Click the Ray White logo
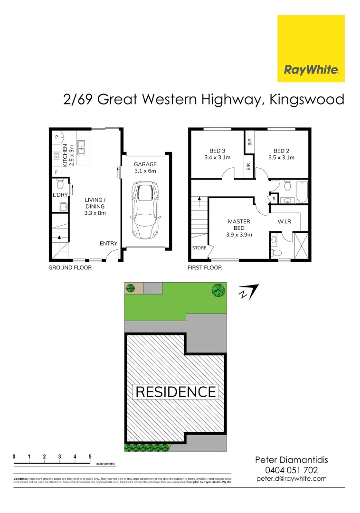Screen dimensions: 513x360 pos(311,48)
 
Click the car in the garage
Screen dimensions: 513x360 pos(144,210)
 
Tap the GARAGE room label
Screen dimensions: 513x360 pos(145,164)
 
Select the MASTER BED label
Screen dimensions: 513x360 pos(239,225)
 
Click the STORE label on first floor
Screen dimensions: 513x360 pos(199,248)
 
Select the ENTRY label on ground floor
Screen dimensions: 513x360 pos(108,244)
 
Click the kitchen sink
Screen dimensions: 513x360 pos(81,147)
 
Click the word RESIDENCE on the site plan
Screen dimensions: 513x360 pos(176,392)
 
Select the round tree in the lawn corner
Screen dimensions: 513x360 pos(218,289)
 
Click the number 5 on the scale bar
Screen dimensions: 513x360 pos(90,456)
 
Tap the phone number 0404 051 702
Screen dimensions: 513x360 pos(291,470)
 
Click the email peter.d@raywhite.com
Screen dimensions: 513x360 pos(291,479)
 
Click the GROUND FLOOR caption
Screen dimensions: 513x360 pos(70,267)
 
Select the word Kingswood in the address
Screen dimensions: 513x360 pos(306,100)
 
